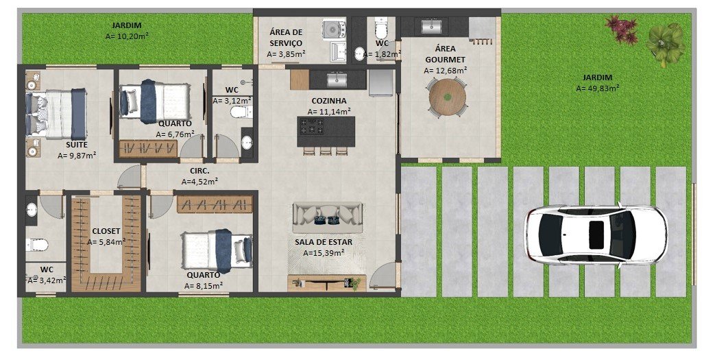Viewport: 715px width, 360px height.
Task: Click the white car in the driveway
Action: (596, 235)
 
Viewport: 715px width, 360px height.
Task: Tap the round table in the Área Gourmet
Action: (448, 97)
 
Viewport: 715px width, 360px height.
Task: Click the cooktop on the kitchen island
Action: (311, 126)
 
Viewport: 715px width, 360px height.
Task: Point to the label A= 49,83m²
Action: (597, 88)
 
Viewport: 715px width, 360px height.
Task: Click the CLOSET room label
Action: (106, 231)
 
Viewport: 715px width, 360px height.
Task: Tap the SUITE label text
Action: (77, 145)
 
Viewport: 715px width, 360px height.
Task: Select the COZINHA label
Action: (329, 101)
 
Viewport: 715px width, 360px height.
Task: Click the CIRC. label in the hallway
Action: (199, 171)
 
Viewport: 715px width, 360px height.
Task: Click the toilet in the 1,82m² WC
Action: (381, 29)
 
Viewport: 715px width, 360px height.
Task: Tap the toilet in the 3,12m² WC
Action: (241, 112)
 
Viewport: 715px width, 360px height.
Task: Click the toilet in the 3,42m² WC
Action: (37, 245)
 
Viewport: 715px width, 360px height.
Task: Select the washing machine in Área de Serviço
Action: (335, 29)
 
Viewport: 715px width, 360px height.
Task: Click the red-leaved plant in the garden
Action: (622, 29)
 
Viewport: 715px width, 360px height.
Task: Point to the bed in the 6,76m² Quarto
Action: (154, 101)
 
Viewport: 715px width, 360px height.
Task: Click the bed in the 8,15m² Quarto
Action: (217, 250)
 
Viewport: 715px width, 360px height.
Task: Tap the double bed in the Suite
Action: (56, 114)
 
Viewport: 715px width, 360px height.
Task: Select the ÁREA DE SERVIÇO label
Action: (286, 38)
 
